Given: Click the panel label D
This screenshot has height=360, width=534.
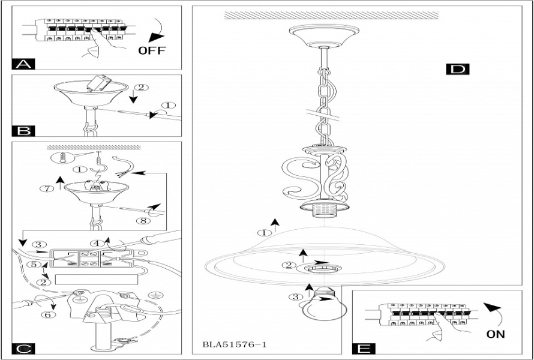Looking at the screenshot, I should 457,69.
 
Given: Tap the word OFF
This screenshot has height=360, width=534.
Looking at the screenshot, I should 152,50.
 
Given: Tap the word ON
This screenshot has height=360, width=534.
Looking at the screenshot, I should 496,334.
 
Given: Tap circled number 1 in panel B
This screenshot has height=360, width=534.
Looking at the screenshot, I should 170,106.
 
